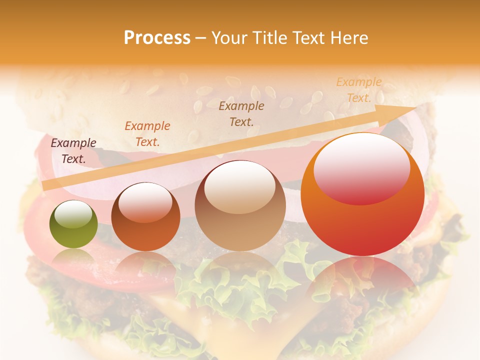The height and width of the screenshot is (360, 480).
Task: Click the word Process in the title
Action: [x=157, y=38]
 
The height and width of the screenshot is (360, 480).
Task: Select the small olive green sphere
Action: [x=73, y=224]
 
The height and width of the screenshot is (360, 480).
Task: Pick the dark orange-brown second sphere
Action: [x=145, y=217]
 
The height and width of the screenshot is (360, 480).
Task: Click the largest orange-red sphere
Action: [x=362, y=195]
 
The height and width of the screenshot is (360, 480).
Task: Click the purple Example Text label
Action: [x=73, y=150]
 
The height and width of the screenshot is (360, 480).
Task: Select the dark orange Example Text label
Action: [x=147, y=133]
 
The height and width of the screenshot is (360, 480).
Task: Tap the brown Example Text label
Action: [x=241, y=113]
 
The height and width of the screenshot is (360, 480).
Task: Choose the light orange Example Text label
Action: [x=358, y=89]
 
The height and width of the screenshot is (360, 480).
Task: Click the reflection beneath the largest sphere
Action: [x=362, y=285]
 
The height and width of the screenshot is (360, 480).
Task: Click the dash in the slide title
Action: [x=200, y=38]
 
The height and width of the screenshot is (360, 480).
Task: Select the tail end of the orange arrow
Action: [x=45, y=186]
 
